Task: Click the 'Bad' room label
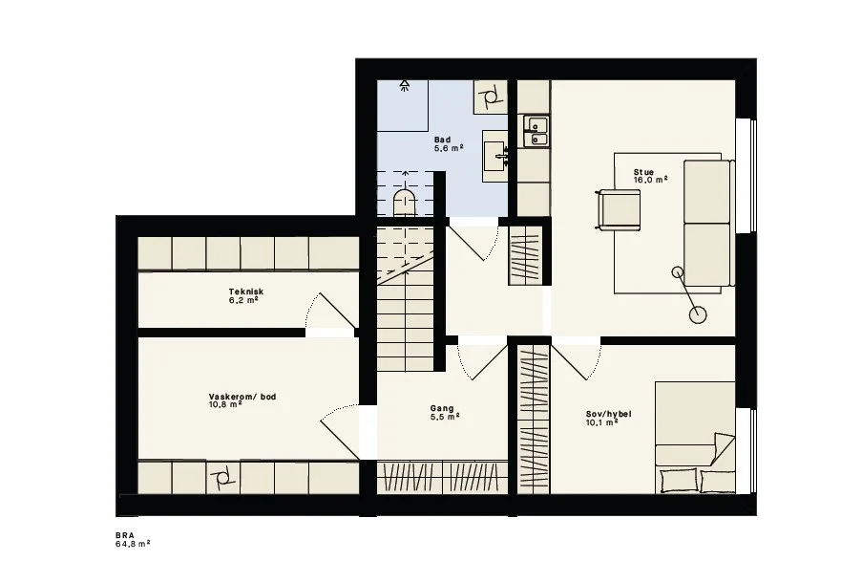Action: [443, 140]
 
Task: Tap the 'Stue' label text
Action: [643, 172]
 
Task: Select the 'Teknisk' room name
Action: [246, 292]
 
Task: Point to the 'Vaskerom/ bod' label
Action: [242, 397]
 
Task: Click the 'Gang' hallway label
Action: [442, 408]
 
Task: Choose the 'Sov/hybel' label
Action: [608, 414]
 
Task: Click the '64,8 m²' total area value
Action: [133, 543]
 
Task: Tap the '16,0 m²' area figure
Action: [651, 180]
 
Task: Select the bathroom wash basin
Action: [494, 156]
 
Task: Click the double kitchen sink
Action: [536, 132]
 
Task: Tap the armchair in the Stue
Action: [618, 210]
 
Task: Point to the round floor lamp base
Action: [698, 315]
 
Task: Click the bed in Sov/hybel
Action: [695, 438]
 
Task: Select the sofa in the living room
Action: [709, 223]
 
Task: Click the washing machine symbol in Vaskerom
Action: [223, 476]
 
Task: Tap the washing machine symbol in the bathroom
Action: [491, 97]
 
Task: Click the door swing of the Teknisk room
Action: [330, 311]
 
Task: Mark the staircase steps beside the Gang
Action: [405, 298]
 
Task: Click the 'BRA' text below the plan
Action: [124, 536]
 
